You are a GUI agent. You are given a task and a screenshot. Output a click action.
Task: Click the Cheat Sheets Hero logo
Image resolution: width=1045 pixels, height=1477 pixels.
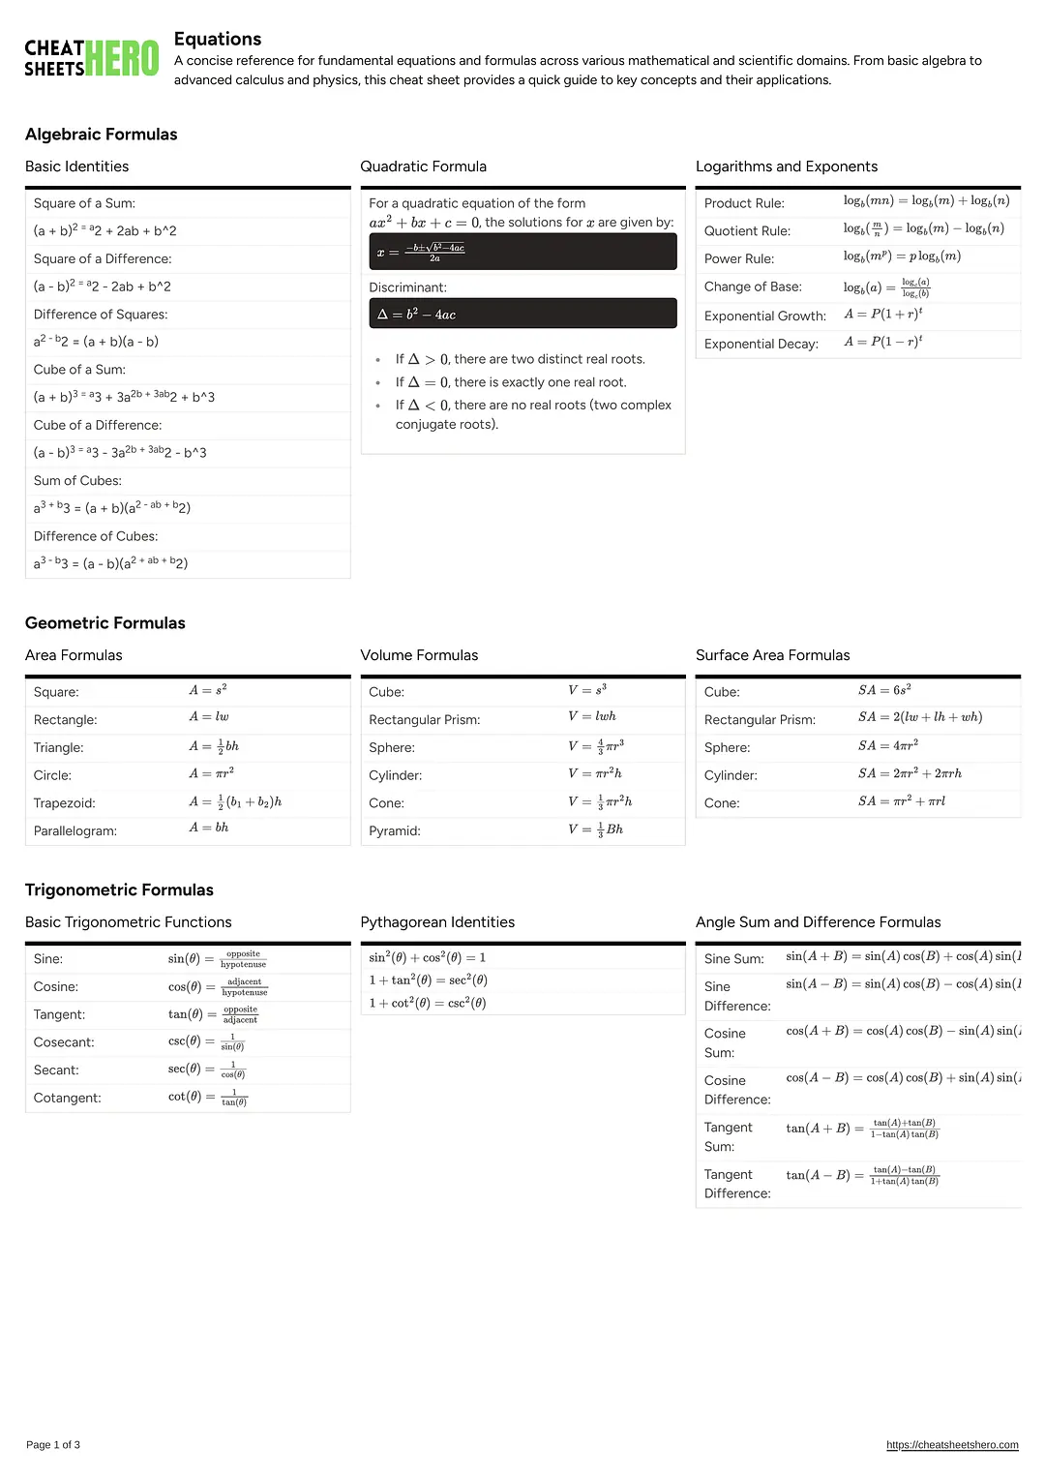click(x=91, y=58)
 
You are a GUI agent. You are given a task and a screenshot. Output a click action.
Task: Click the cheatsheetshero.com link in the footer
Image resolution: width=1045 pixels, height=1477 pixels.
click(x=952, y=1445)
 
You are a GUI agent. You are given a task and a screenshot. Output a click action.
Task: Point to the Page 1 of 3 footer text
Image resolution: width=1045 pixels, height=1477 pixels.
click(x=53, y=1445)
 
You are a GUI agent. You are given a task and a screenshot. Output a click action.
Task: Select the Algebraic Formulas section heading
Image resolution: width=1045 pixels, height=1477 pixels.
click(x=102, y=135)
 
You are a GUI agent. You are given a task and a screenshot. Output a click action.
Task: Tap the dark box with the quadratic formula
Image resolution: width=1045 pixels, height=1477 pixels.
click(x=522, y=253)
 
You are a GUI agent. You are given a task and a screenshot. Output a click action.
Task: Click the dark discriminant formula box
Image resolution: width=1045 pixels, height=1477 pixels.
click(x=522, y=314)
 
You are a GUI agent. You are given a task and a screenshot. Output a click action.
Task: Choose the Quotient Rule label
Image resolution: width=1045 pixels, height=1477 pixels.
click(x=747, y=231)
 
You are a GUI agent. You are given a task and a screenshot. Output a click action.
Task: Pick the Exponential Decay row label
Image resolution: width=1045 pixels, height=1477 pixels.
click(x=761, y=344)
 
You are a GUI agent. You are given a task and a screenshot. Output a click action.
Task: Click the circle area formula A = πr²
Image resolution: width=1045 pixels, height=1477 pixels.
click(x=212, y=773)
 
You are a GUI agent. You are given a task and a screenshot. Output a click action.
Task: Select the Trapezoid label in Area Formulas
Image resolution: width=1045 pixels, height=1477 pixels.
click(x=65, y=803)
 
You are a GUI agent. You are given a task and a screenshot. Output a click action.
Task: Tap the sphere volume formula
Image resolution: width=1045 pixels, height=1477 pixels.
click(x=596, y=746)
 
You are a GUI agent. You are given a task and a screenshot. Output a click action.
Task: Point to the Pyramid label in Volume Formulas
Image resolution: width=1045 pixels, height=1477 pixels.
click(x=395, y=831)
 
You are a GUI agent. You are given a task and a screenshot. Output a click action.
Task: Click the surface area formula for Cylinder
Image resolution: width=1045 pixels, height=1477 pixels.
click(x=910, y=773)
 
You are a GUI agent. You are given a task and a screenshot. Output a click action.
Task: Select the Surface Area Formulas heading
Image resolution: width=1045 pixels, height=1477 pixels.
click(x=773, y=655)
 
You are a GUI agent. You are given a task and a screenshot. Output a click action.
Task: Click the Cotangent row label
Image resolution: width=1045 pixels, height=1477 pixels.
click(x=68, y=1099)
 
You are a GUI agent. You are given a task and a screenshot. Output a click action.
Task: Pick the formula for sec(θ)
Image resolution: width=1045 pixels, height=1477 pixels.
click(x=207, y=1070)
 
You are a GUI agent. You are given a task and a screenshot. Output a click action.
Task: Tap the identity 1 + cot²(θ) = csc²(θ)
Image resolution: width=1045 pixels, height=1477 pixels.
click(x=428, y=1004)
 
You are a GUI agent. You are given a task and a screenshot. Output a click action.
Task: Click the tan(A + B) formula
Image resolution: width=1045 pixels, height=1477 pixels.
click(x=862, y=1129)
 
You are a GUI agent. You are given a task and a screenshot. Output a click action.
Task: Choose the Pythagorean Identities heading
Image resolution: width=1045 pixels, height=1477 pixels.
click(x=437, y=922)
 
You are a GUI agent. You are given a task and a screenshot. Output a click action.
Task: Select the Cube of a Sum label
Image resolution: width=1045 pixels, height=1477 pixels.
click(x=79, y=370)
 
